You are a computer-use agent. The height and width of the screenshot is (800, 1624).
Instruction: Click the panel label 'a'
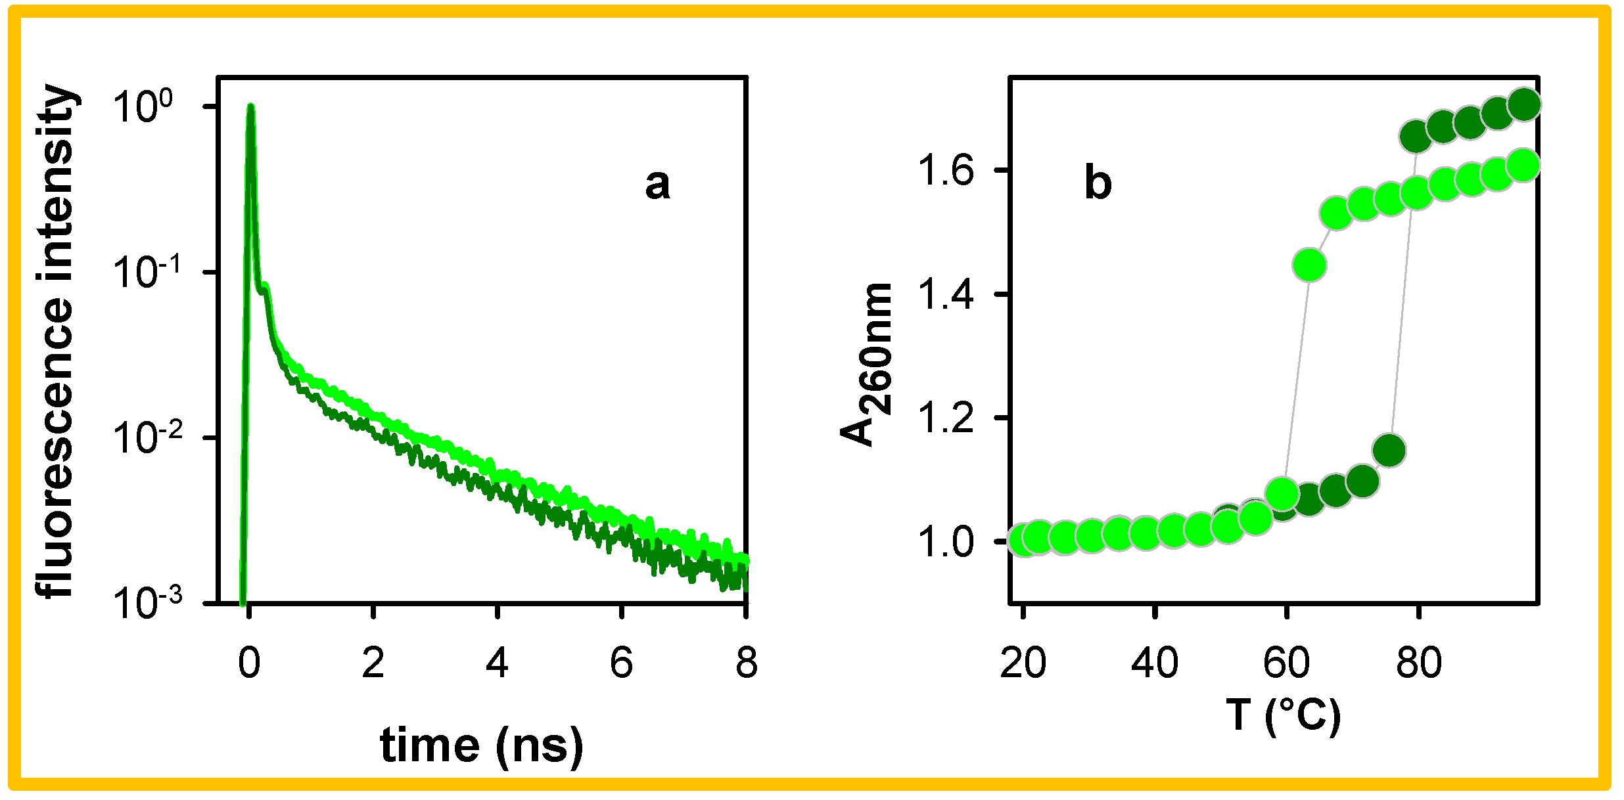(x=657, y=185)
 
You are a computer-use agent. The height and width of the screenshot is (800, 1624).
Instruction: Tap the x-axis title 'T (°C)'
(x=1283, y=715)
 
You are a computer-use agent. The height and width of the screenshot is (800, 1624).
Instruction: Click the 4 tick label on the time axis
(x=498, y=663)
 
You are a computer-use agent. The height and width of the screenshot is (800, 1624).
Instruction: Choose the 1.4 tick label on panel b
(x=945, y=294)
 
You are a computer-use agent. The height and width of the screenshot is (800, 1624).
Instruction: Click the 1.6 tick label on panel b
(x=945, y=171)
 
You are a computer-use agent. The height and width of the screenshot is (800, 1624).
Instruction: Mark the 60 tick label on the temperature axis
(x=1286, y=663)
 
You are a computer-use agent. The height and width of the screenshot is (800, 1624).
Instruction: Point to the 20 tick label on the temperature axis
(x=1023, y=663)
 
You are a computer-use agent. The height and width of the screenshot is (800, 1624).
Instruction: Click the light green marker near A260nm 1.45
(x=1309, y=265)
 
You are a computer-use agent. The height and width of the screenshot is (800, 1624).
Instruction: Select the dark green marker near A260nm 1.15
(x=1389, y=451)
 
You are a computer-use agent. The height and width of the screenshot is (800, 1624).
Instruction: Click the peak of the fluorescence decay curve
(x=250, y=107)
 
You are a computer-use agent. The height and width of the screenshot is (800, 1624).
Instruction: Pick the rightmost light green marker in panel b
(x=1523, y=165)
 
